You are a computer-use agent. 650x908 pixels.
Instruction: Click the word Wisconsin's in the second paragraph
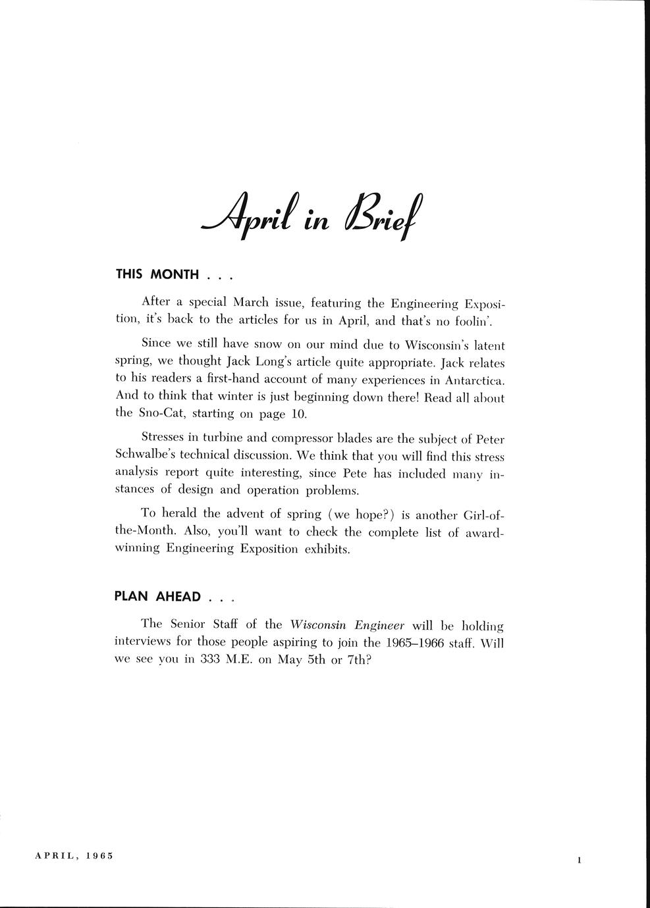(435, 344)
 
